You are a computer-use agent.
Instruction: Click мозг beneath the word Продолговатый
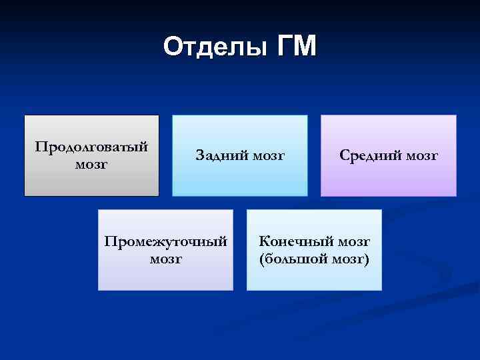pyautogui.click(x=91, y=163)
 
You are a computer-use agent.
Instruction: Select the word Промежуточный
pyautogui.click(x=165, y=241)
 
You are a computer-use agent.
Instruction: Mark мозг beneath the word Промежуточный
pyautogui.click(x=165, y=258)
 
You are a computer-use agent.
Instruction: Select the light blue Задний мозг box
pyautogui.click(x=240, y=180)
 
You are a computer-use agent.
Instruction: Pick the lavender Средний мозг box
pyautogui.click(x=389, y=180)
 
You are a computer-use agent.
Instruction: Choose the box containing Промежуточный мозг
pyautogui.click(x=165, y=277)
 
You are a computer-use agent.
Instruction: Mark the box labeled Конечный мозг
pyautogui.click(x=314, y=277)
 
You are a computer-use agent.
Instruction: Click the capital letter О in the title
pyautogui.click(x=172, y=47)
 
